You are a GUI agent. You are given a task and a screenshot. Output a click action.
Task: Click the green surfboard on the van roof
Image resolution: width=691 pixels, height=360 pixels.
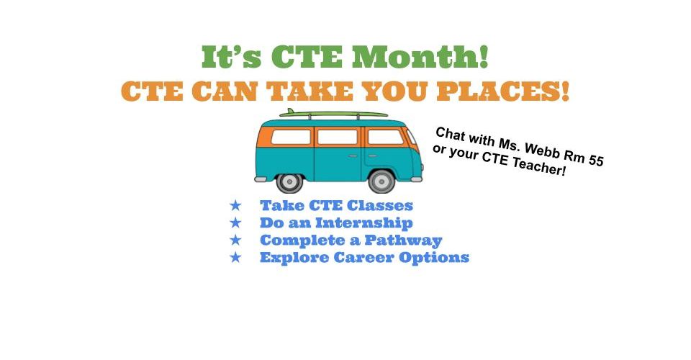point(333,114)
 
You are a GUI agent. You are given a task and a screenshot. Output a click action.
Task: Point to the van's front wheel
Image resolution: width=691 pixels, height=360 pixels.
point(381,181)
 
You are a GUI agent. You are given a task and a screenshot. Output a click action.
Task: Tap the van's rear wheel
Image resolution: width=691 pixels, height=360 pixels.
point(289,181)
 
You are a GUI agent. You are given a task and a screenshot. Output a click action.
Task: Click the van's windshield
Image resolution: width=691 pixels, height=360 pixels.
point(412,138)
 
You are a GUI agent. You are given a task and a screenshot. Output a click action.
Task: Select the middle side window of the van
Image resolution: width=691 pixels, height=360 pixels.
point(338,137)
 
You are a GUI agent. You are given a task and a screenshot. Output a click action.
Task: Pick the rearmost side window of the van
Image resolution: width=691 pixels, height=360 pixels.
point(291,137)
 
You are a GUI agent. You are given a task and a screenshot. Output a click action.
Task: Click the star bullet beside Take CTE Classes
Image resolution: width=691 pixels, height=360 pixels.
point(236,205)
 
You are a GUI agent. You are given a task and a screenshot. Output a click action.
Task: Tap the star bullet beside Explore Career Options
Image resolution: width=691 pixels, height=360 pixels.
point(236,257)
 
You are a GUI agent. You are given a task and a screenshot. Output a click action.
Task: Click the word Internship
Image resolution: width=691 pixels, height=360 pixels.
point(364,223)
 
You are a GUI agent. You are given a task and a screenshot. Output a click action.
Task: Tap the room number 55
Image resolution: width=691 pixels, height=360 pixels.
point(595,160)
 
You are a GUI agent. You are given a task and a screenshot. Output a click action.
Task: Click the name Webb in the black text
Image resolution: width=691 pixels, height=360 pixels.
point(541,150)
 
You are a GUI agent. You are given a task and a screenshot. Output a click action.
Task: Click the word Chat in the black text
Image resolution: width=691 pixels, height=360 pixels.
point(450,134)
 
